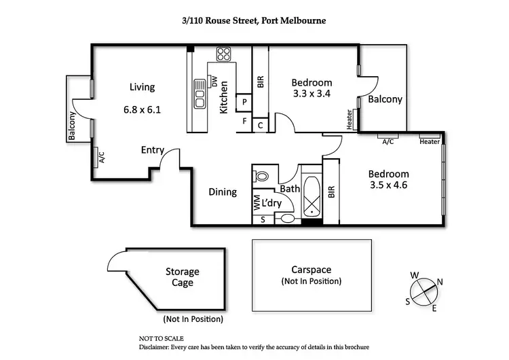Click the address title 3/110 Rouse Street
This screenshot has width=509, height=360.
point(254,21)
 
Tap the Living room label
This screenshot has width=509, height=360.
point(143,87)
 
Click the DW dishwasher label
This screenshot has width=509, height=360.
point(214,83)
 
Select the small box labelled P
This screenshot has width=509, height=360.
point(244,102)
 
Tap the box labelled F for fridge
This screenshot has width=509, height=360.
point(244,122)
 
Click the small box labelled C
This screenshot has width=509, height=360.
point(261,125)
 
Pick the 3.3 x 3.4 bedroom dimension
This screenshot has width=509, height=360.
point(312,94)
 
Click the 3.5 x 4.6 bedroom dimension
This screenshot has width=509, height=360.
point(390,185)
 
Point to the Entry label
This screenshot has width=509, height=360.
point(152,150)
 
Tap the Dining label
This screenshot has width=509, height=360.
point(223,192)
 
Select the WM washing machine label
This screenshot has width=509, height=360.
point(257,202)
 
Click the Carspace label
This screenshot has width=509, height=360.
point(312,269)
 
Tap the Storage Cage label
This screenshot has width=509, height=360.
point(183,277)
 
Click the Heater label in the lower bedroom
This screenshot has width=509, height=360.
point(429,142)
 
